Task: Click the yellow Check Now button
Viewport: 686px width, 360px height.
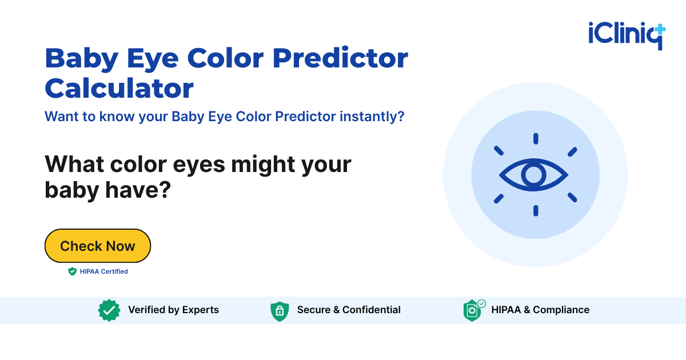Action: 98,246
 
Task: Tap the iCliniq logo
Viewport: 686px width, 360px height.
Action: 627,35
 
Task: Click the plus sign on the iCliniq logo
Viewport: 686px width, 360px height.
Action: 659,29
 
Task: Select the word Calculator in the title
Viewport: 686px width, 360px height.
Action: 119,88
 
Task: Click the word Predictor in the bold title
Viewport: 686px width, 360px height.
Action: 340,58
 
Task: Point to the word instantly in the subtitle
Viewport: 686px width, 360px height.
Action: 372,117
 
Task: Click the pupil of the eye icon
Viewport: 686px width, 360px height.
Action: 534,175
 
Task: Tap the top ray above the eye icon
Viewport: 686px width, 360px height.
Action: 536,138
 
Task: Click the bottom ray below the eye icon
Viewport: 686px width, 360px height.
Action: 536,211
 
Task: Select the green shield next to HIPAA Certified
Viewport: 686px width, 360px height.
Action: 72,271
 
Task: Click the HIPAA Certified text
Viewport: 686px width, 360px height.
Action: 104,271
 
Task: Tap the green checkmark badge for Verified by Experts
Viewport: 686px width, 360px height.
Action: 109,310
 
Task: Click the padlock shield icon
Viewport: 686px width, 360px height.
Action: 280,311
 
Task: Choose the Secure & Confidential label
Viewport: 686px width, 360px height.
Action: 349,310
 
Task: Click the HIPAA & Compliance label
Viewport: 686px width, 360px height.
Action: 540,310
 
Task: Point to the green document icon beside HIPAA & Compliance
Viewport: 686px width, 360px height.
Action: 473,310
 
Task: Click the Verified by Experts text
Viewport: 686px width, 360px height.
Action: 173,310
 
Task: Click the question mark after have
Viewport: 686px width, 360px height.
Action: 165,190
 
